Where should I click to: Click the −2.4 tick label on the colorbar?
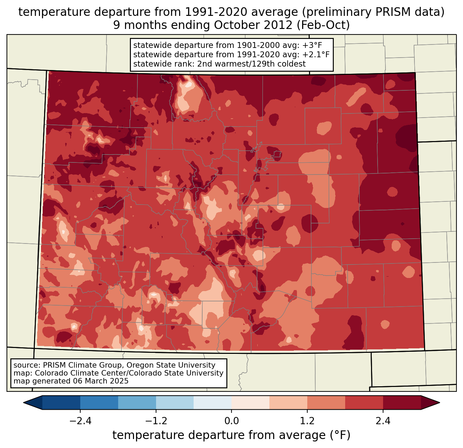(x=80, y=421)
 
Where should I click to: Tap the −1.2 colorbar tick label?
(x=156, y=421)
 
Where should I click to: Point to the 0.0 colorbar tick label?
(x=231, y=421)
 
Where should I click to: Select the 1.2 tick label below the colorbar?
(x=307, y=421)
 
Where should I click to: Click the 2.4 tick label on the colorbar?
(x=383, y=421)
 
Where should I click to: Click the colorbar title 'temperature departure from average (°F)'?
(x=231, y=435)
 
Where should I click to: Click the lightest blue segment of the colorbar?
(x=213, y=402)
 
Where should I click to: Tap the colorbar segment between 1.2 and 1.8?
(x=326, y=402)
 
